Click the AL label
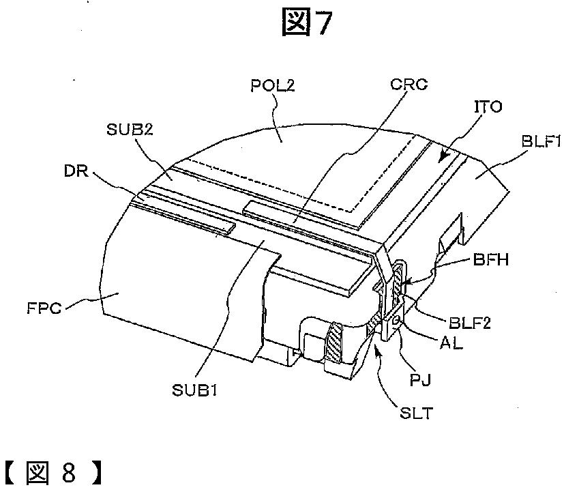(451, 343)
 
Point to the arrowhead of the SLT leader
(374, 345)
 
